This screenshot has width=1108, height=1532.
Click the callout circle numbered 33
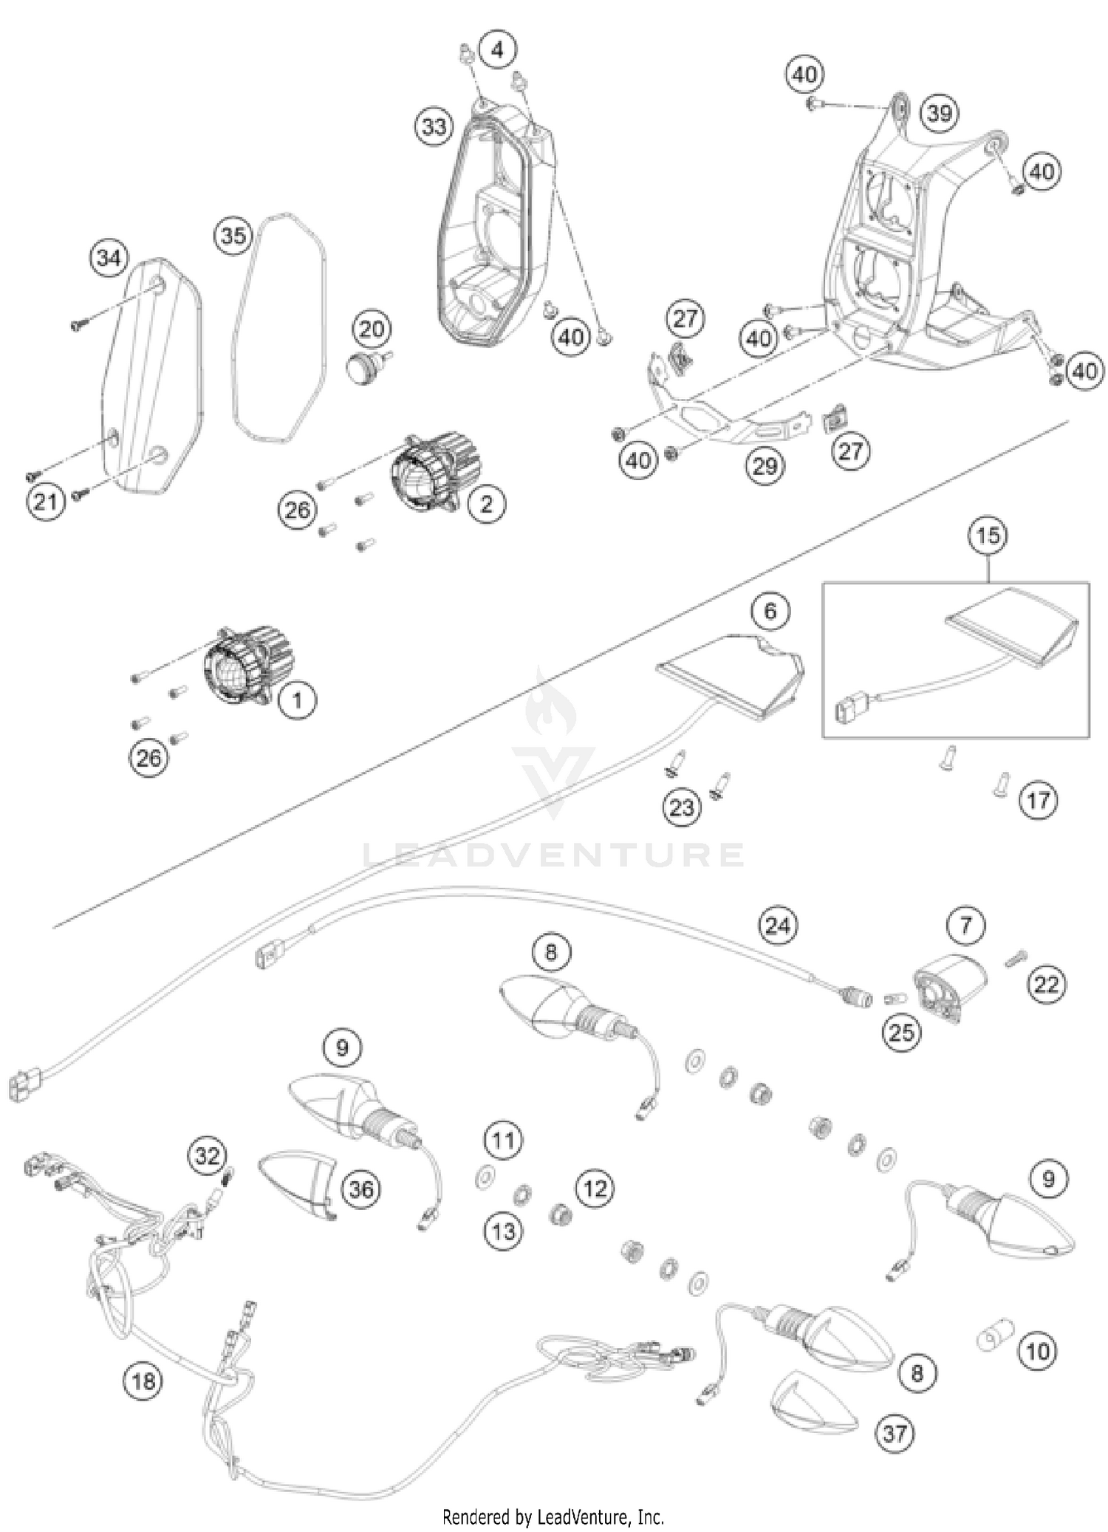point(434,126)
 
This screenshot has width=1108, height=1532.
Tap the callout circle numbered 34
point(109,258)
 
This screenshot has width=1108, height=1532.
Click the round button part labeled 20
point(365,365)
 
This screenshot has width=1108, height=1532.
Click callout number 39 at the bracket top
point(939,114)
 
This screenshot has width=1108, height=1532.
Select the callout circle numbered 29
point(765,465)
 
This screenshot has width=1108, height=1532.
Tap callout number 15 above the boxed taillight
point(988,535)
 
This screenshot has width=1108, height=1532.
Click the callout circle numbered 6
point(770,611)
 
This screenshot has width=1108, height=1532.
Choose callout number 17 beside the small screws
point(1038,799)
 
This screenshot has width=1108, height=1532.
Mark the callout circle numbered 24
point(777,925)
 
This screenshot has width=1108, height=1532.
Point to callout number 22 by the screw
point(1047,984)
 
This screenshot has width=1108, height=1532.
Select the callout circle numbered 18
point(143,1380)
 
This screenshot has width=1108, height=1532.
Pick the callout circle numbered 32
point(207,1155)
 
